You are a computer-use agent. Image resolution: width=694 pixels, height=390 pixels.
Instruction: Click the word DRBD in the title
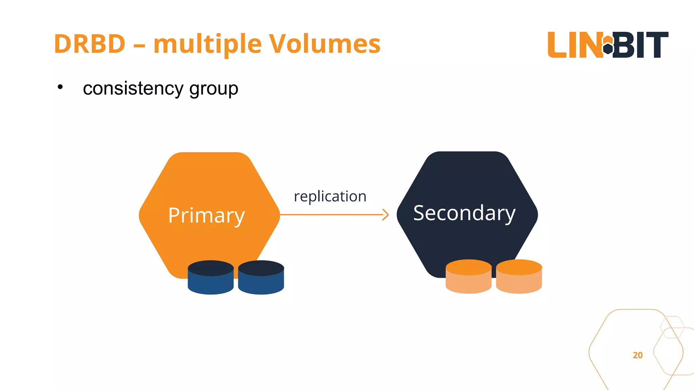pyautogui.click(x=90, y=44)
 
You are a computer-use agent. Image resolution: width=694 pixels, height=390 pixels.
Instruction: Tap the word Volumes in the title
pyautogui.click(x=324, y=44)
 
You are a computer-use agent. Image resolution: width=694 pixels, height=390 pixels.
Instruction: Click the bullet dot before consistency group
pyautogui.click(x=60, y=87)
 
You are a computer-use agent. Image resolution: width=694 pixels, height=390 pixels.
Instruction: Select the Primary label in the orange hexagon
pyautogui.click(x=206, y=215)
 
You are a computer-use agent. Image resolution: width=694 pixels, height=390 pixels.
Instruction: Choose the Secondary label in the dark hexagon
pyautogui.click(x=464, y=213)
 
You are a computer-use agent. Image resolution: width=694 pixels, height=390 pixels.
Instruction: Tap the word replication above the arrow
pyautogui.click(x=330, y=196)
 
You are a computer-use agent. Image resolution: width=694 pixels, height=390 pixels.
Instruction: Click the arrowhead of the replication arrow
pyautogui.click(x=386, y=215)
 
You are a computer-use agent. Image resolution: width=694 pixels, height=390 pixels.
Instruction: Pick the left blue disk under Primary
pyautogui.click(x=210, y=277)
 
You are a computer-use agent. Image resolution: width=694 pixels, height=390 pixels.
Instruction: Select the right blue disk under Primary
pyautogui.click(x=261, y=277)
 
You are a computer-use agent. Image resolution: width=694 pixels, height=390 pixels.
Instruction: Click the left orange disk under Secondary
pyautogui.click(x=468, y=276)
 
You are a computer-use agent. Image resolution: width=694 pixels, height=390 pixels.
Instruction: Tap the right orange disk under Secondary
pyautogui.click(x=519, y=276)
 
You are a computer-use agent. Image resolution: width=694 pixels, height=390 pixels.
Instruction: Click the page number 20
pyautogui.click(x=637, y=355)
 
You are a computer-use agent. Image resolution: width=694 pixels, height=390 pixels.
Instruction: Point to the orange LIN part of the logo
pyautogui.click(x=574, y=45)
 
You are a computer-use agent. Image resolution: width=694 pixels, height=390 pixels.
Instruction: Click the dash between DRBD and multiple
pyautogui.click(x=139, y=45)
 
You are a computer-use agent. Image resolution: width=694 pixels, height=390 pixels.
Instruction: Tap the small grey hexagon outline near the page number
pyautogui.click(x=672, y=327)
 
